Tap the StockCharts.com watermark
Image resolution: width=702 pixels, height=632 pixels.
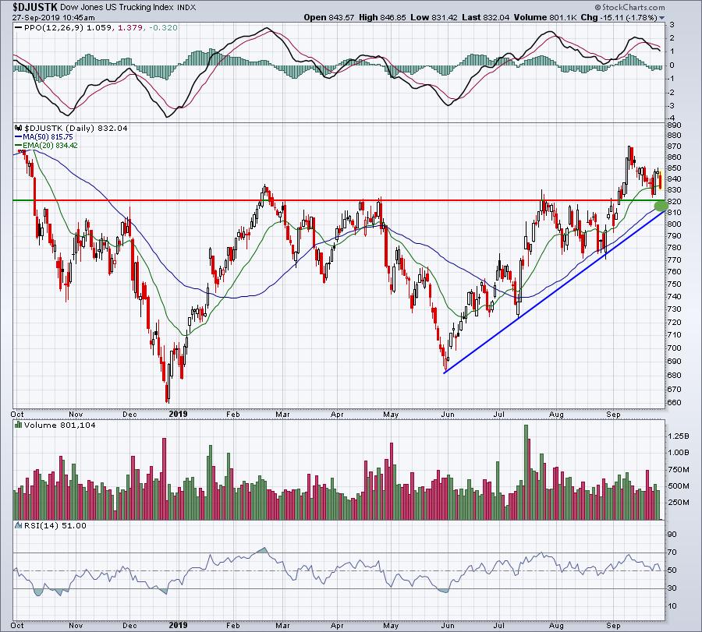[x=629, y=7]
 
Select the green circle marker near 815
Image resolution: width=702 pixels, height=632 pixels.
[x=661, y=206]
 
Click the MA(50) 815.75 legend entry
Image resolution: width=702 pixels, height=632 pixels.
[x=44, y=137]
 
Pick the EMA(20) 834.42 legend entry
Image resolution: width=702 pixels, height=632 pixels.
[x=46, y=146]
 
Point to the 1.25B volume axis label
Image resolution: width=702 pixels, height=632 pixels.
[x=679, y=436]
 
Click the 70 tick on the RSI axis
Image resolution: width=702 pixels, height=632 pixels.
[x=672, y=553]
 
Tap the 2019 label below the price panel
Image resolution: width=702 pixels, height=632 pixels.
[x=178, y=414]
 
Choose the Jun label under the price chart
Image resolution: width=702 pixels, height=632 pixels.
[x=448, y=415]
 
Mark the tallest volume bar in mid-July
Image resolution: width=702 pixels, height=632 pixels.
[x=526, y=472]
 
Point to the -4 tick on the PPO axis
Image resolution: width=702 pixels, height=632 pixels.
[x=672, y=119]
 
